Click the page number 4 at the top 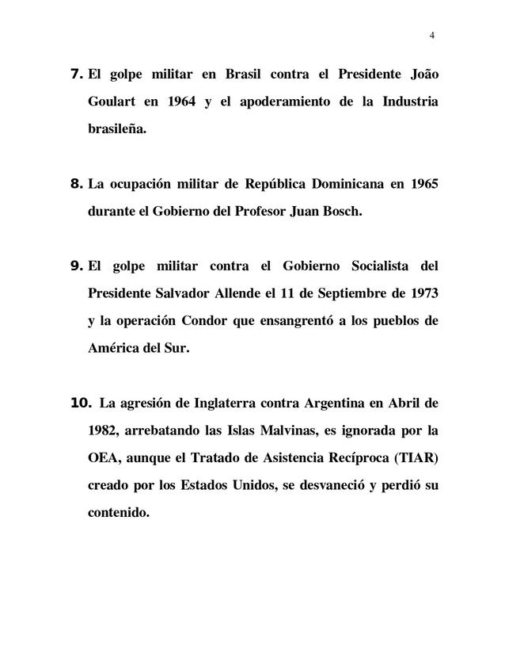[432, 35]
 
